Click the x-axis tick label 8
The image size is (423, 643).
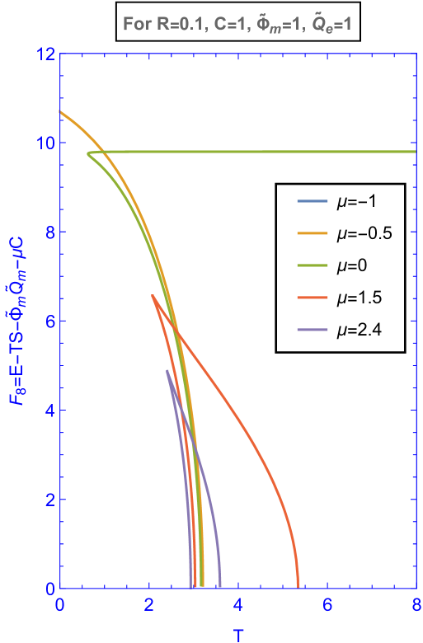pos(416,605)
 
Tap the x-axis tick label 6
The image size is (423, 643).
pos(327,605)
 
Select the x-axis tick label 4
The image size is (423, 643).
pos(237,605)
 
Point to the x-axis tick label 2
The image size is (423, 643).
pos(148,605)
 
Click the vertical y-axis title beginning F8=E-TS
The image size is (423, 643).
pos(16,321)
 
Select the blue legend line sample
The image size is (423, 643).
pos(313,201)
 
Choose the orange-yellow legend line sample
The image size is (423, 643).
pos(313,233)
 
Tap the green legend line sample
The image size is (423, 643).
pos(313,265)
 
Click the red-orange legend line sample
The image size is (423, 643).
pos(313,298)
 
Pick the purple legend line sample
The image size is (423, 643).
pos(313,330)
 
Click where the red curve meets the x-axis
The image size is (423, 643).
pos(298,587)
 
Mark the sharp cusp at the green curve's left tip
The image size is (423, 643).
pos(87,154)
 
